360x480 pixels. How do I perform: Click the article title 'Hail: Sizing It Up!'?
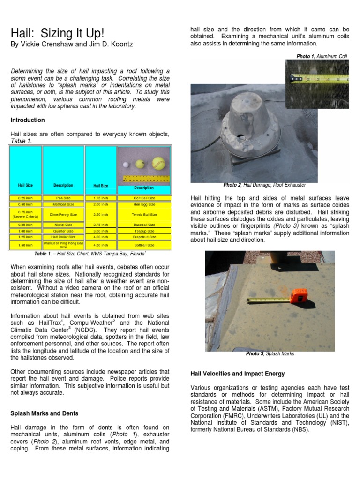57,34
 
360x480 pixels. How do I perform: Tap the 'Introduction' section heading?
28,120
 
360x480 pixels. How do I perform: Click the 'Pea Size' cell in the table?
63,198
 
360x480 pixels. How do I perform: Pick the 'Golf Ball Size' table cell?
144,198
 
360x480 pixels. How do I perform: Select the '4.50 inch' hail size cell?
101,245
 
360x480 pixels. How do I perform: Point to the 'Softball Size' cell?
144,245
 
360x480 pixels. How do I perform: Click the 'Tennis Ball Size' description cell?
144,214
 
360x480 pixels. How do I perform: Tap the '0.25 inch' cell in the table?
25,198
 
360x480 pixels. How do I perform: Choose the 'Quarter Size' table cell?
63,231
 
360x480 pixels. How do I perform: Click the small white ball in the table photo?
126,165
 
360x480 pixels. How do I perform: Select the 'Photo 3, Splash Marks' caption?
270,354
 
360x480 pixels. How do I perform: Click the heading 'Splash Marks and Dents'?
45,413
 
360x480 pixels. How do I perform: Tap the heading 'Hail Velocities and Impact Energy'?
238,374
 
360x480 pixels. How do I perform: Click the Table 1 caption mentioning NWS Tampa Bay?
90,254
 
